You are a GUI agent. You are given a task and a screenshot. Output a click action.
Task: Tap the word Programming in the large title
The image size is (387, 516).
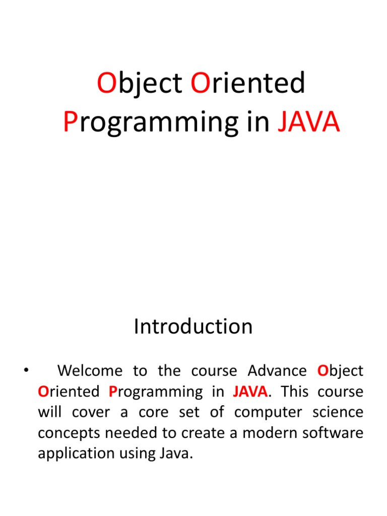tap(151, 123)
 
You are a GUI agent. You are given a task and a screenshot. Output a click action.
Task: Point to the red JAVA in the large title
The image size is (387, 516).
tap(309, 121)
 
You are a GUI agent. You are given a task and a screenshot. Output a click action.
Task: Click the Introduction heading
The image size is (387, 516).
tap(193, 327)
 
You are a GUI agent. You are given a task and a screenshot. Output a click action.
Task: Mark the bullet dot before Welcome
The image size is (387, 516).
tap(26, 370)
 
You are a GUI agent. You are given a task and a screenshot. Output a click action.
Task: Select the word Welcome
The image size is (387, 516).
tap(90, 370)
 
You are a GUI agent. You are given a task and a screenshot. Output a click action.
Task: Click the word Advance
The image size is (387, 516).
tap(277, 370)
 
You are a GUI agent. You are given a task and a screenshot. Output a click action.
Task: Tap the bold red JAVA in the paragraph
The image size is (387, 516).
tap(250, 392)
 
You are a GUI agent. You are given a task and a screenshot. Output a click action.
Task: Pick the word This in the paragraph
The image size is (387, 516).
tap(295, 391)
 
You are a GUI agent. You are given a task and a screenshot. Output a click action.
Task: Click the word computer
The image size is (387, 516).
tap(268, 413)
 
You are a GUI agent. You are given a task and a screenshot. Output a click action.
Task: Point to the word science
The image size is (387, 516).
tap(338, 412)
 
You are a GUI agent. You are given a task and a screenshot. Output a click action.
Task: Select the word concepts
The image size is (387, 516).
tap(69, 433)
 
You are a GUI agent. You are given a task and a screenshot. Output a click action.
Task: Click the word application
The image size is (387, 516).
tap(77, 454)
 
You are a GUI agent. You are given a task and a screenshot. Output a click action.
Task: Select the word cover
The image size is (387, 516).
tap(91, 413)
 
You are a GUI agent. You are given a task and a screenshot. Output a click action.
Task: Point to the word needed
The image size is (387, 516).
tap(132, 433)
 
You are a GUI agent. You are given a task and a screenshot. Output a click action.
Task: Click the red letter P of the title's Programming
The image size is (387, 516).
tap(70, 121)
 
